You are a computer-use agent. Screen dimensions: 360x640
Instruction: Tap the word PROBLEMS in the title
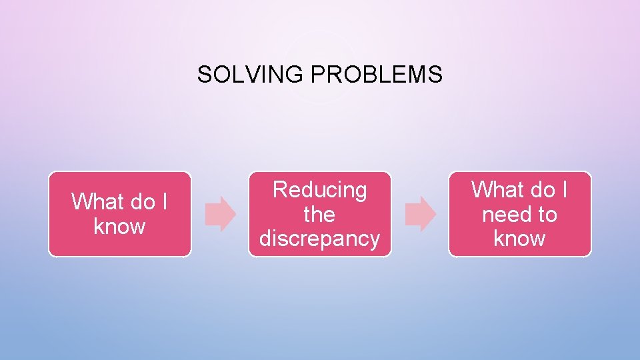[x=376, y=75]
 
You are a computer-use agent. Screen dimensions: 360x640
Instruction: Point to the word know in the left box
[x=119, y=227]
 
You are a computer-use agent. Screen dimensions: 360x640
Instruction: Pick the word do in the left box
[x=142, y=201]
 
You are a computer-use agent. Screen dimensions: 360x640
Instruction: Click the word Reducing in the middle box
[x=320, y=191]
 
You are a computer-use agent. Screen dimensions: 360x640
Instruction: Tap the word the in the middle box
[x=319, y=215]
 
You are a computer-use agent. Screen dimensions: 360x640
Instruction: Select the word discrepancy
[x=320, y=239]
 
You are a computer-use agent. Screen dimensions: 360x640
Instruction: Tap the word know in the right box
[x=519, y=239]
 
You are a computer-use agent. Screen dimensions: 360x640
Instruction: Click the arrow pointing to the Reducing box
[x=221, y=214]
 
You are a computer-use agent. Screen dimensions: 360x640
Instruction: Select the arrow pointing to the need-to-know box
[x=420, y=214]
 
